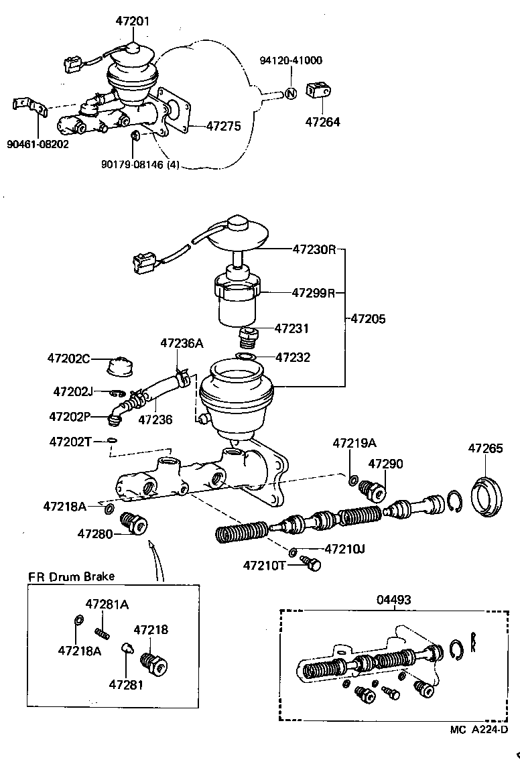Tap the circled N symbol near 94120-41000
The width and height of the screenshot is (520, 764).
pos(290,93)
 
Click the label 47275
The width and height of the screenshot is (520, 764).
pos(223,125)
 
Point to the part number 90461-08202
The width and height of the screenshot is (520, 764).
pos(38,143)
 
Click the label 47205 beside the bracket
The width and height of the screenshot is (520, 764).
pos(368,319)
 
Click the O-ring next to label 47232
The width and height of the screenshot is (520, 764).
pos(246,357)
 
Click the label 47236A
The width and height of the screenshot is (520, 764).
pos(181,343)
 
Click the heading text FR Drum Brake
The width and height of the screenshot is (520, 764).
pos(71,576)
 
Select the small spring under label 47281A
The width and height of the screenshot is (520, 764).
pos(103,631)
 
